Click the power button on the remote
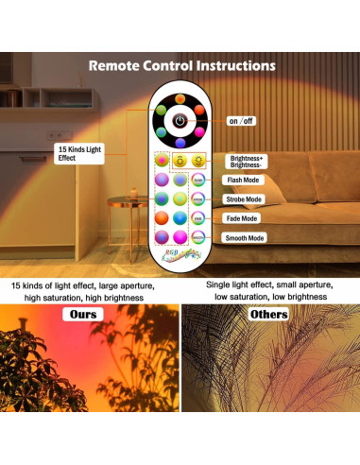180,121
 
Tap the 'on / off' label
242,121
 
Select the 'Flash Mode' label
243,180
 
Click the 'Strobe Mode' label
244,199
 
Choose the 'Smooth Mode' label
245,238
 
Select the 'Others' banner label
269,314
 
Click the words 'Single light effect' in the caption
242,284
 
